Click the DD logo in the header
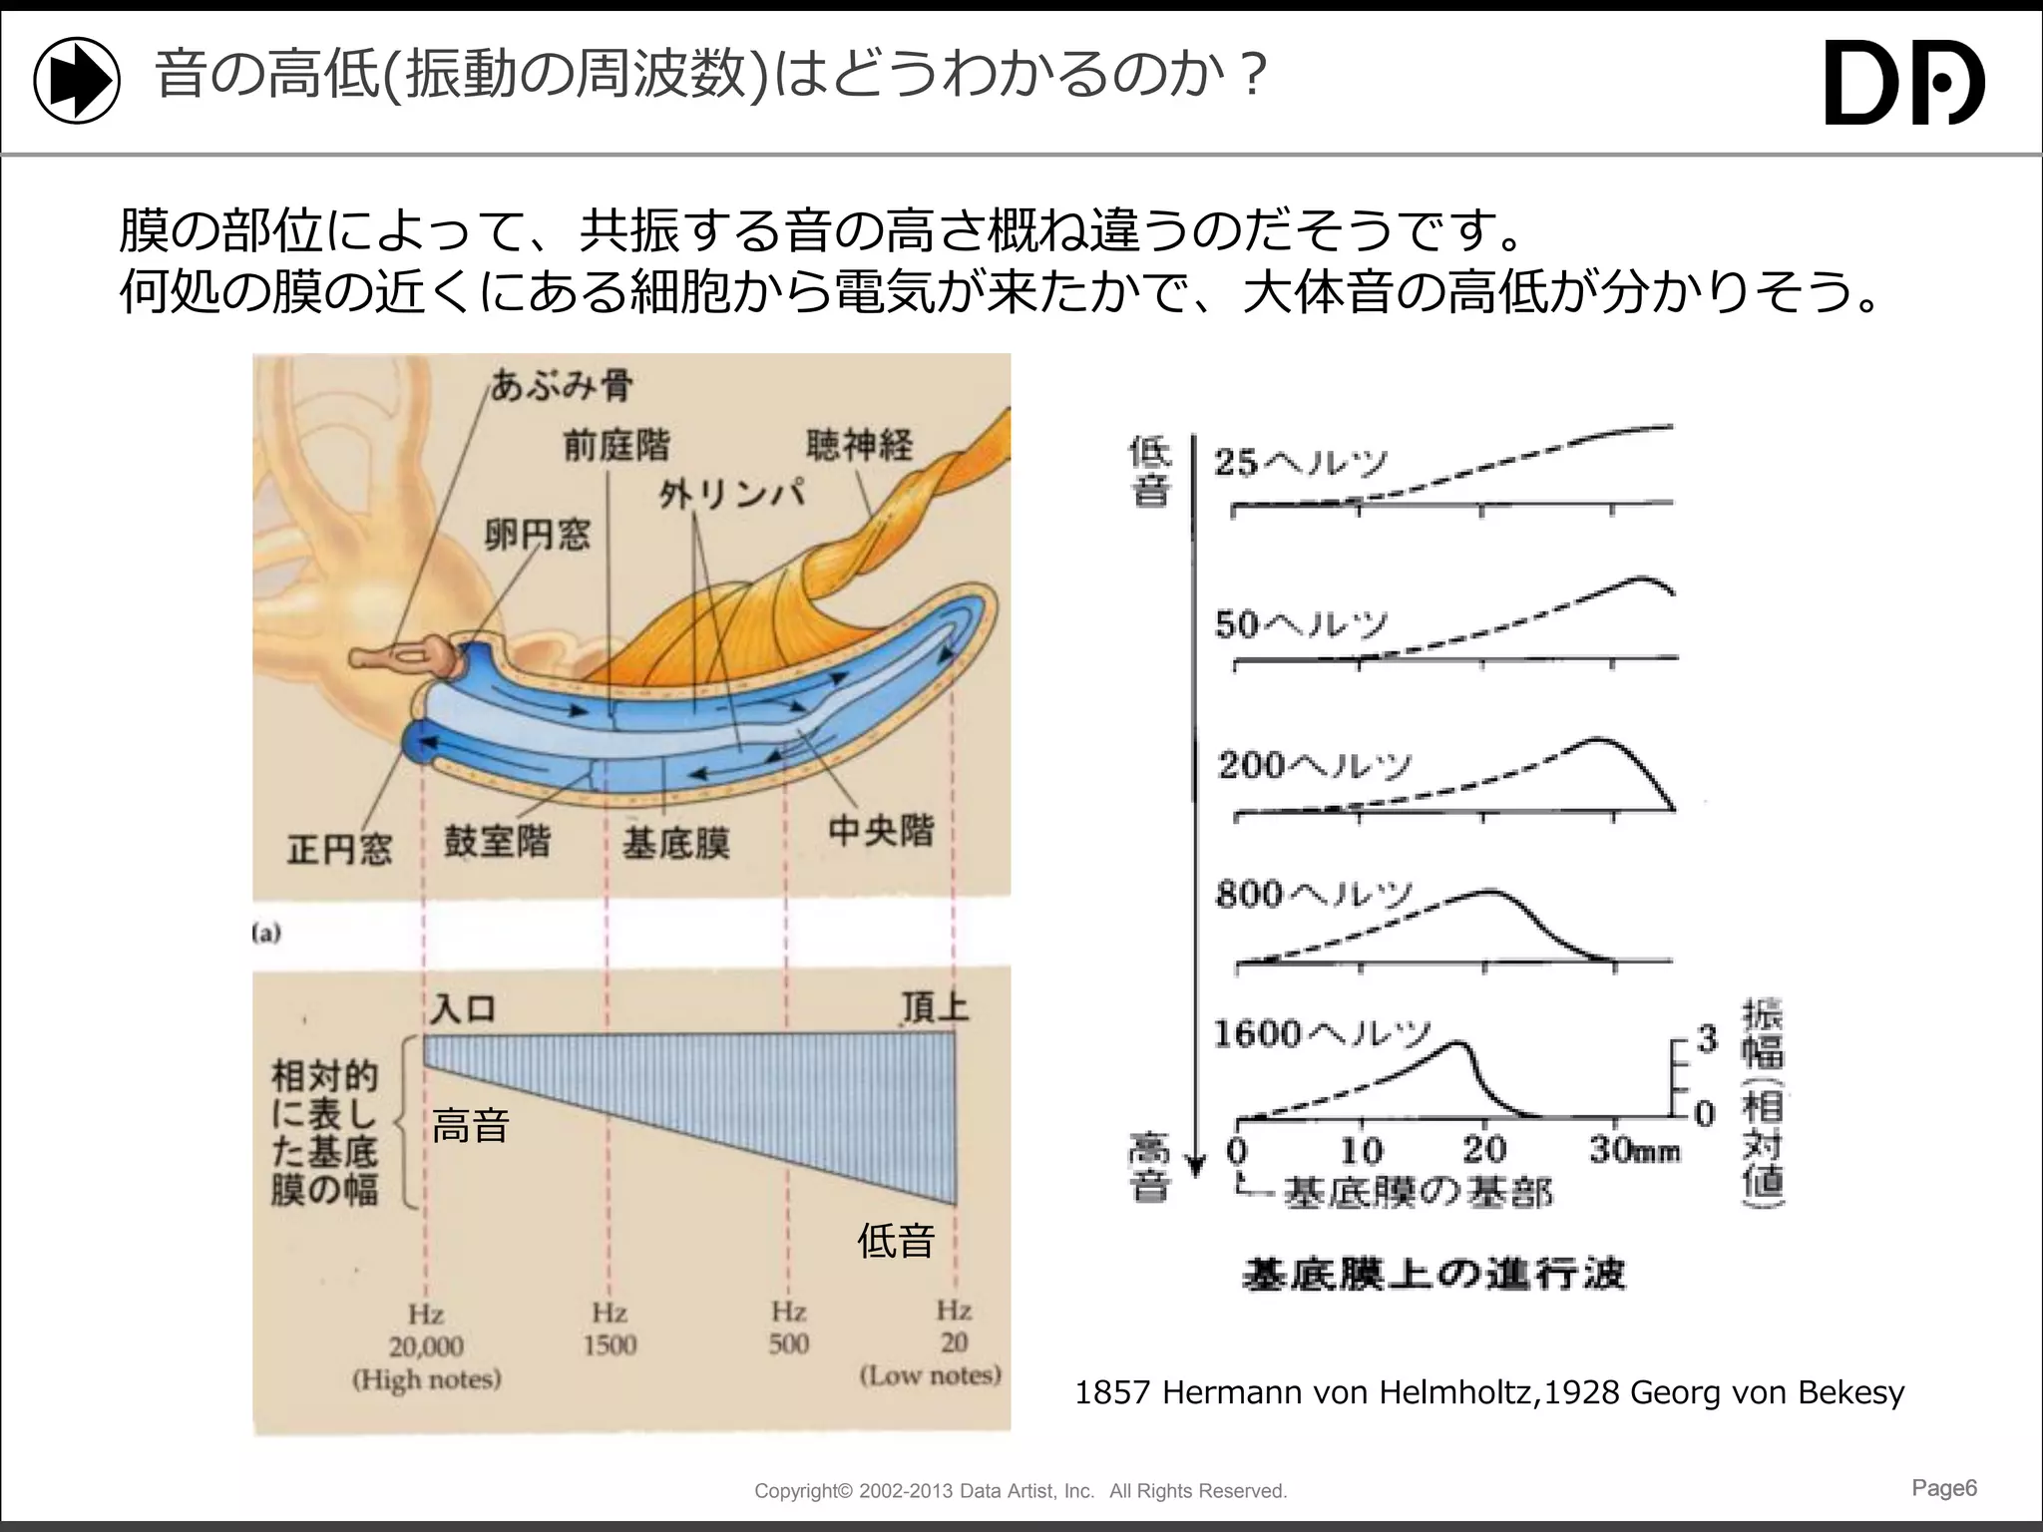tap(1903, 82)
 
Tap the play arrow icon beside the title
tap(77, 81)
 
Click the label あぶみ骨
tap(562, 385)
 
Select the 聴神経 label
tap(859, 445)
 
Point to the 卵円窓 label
tap(537, 536)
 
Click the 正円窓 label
tap(339, 849)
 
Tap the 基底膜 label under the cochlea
tap(675, 844)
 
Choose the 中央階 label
tap(881, 830)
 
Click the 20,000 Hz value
tap(426, 1346)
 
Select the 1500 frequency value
tap(610, 1344)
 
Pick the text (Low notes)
tap(930, 1375)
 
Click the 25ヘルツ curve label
tap(1300, 462)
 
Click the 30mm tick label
tap(1634, 1150)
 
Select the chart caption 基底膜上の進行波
tap(1433, 1275)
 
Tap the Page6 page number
tap(1943, 1488)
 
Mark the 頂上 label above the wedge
tap(935, 1007)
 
